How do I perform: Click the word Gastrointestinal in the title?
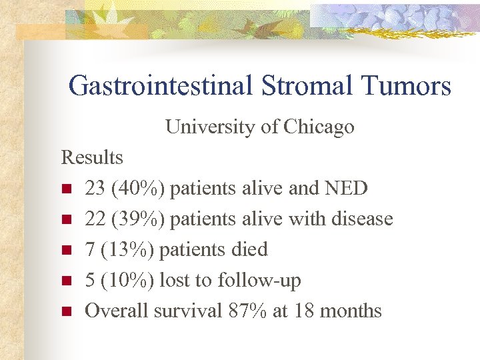coord(159,86)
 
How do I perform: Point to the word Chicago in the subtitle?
coord(319,127)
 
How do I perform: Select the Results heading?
coord(92,158)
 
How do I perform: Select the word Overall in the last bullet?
coord(117,311)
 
